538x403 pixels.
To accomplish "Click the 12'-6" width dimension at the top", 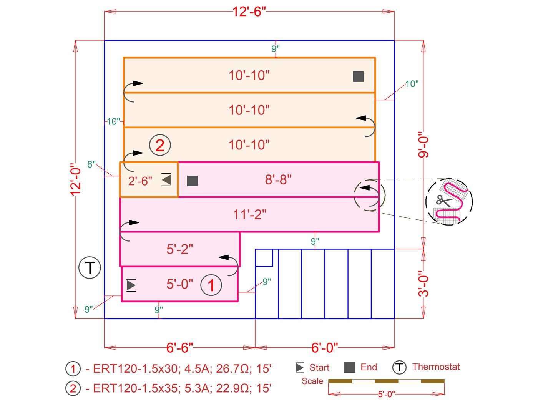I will [249, 12].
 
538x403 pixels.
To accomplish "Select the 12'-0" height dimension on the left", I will [76, 179].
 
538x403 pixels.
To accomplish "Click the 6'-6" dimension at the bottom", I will [179, 348].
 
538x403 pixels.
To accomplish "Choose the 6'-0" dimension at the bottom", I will [325, 348].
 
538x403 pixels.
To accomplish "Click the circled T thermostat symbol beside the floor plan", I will [90, 267].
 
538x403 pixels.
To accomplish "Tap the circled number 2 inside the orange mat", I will [160, 145].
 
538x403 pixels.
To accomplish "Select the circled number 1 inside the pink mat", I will [211, 285].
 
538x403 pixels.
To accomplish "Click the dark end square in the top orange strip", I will [358, 76].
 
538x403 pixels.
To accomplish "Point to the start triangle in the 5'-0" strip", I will [131, 285].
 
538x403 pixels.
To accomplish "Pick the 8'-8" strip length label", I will [278, 179].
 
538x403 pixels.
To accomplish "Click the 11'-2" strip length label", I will [249, 214].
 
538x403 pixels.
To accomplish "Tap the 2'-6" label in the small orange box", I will [140, 181].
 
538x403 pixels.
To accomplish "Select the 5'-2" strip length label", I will [179, 249].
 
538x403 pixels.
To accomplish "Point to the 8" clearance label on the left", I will [91, 164].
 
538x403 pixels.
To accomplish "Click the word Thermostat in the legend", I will [436, 367].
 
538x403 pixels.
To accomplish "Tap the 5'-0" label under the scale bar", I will [386, 394].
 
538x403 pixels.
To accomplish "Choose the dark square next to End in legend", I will [350, 367].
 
